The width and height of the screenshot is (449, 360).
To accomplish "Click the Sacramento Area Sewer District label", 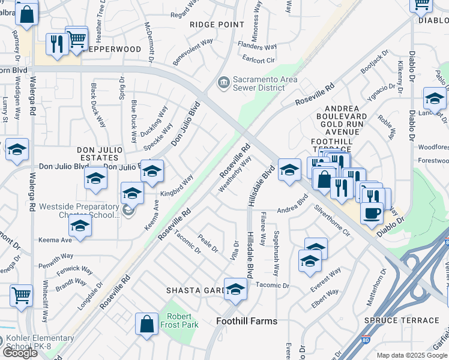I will tap(265, 83).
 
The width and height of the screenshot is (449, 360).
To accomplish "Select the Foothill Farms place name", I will tap(247, 321).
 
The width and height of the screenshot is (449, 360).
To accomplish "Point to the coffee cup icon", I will tap(372, 212).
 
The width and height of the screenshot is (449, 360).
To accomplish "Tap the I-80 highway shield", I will tap(446, 242).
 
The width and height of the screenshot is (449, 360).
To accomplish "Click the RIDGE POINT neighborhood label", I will tap(217, 25).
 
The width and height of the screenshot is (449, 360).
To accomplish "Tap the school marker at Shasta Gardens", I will tap(235, 290).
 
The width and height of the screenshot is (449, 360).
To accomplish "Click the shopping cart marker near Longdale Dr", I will tap(21, 295).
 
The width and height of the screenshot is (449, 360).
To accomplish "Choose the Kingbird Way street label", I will tap(176, 186).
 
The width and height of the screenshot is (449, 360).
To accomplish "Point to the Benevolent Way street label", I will tap(193, 52).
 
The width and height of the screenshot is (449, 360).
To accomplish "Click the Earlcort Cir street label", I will tap(258, 60).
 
